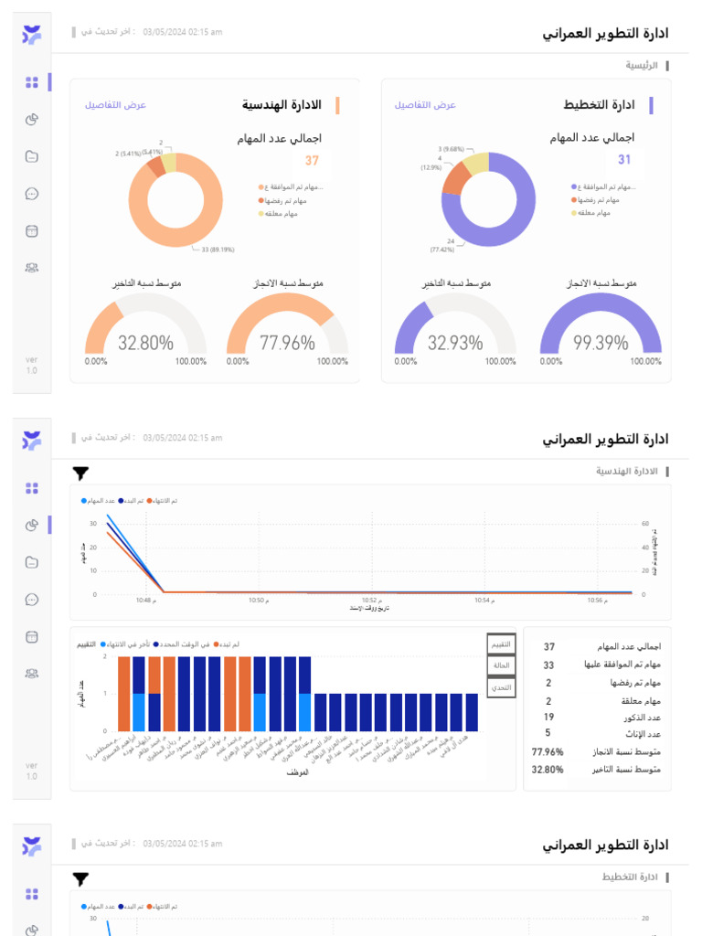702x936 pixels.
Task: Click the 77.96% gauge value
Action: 287,343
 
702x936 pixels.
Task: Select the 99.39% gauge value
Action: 601,343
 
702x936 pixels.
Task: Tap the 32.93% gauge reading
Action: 454,343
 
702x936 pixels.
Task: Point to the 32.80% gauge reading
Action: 145,343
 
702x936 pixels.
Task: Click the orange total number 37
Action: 312,161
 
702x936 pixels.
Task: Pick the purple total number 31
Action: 624,160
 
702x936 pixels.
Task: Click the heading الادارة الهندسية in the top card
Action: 282,105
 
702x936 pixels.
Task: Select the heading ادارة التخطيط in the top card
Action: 600,105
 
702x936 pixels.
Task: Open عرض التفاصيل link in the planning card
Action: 425,105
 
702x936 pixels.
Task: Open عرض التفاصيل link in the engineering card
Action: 116,105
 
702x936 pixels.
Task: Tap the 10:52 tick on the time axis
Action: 369,601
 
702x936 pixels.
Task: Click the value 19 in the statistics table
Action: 548,717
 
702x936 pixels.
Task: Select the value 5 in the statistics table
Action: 548,733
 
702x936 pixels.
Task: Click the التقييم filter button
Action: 501,644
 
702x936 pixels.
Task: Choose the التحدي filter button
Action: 501,686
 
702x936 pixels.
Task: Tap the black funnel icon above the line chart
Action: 81,473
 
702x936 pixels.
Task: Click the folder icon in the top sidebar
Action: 32,156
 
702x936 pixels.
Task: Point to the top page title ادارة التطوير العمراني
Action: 605,34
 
